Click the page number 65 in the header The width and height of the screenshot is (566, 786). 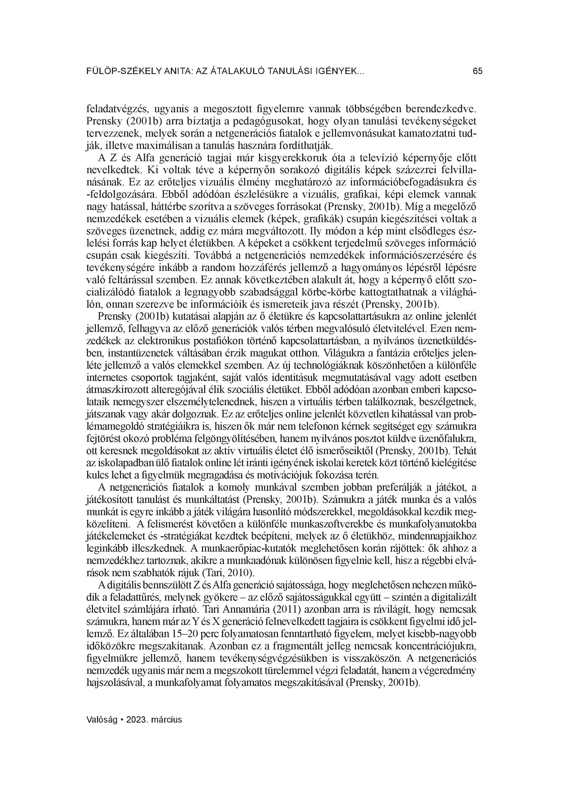pyautogui.click(x=477, y=71)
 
